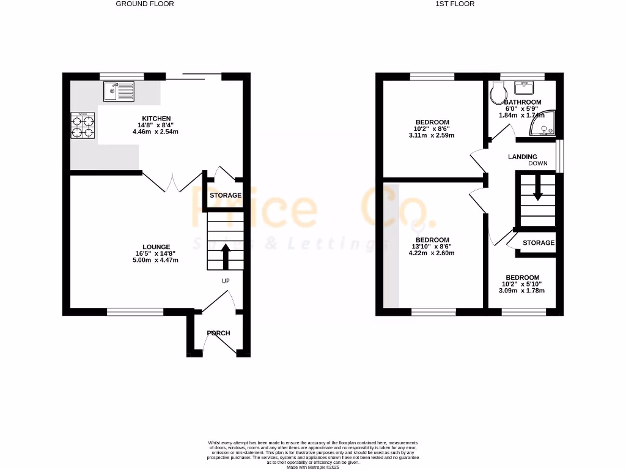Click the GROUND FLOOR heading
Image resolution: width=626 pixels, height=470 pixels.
click(145, 4)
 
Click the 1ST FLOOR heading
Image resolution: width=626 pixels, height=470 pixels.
click(454, 4)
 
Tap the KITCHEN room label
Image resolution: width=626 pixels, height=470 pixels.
click(156, 118)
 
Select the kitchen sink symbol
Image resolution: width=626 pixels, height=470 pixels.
click(119, 92)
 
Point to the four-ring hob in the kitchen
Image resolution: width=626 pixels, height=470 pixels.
click(83, 126)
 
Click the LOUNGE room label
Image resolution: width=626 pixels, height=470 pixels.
click(157, 247)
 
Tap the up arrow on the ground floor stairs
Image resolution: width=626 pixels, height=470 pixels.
click(225, 256)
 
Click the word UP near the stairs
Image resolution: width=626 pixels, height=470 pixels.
click(226, 281)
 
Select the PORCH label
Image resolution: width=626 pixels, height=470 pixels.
click(218, 333)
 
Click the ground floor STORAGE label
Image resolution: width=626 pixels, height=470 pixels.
click(226, 195)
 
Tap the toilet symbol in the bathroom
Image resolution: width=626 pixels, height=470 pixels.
click(498, 92)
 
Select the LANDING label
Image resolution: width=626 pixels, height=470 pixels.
click(523, 157)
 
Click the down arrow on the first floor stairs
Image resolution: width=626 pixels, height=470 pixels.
click(537, 188)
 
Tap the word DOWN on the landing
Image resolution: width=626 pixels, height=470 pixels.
click(538, 164)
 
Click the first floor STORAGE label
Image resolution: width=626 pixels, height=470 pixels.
click(538, 243)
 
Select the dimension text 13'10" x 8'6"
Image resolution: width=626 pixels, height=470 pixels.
click(432, 247)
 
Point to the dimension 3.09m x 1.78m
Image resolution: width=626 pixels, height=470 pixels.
click(522, 291)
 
